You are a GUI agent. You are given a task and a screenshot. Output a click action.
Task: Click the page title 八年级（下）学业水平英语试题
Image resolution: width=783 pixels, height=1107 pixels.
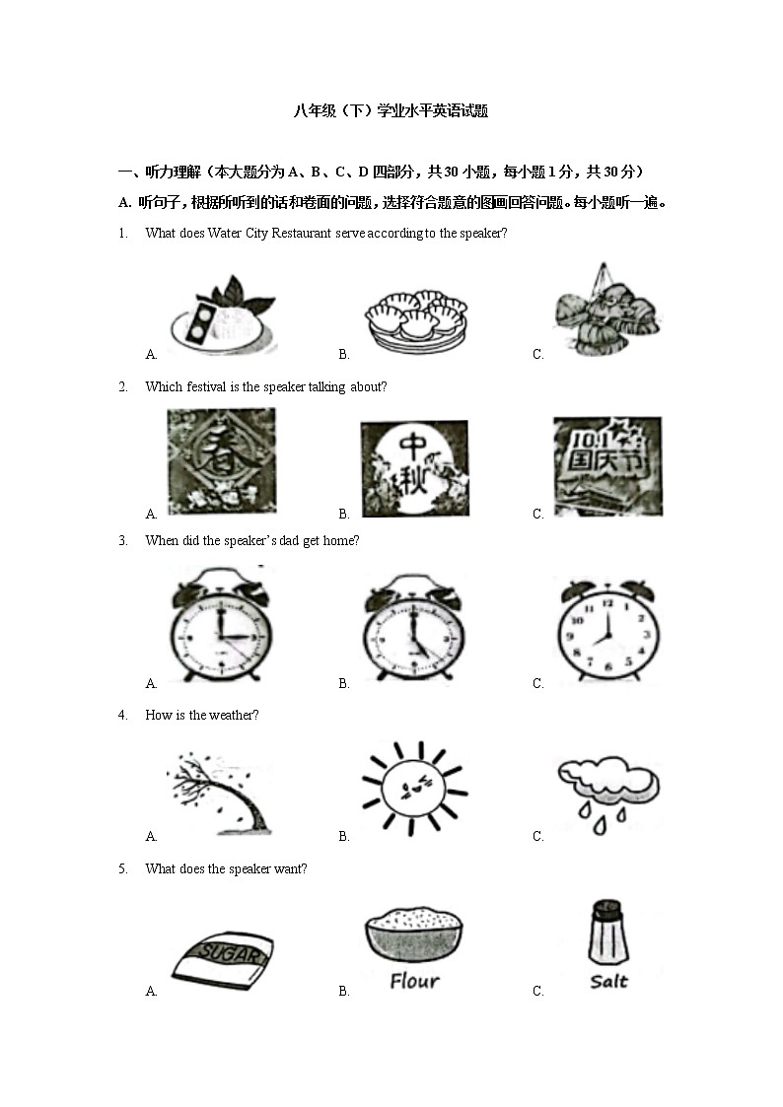(x=391, y=111)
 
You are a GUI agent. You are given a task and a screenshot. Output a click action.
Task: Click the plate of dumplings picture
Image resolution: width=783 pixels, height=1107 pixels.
(x=414, y=317)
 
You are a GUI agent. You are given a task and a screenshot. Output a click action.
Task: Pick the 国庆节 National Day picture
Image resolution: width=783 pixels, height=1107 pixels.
(x=607, y=466)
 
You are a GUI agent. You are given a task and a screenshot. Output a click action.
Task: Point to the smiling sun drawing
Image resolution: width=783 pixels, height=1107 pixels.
(x=413, y=789)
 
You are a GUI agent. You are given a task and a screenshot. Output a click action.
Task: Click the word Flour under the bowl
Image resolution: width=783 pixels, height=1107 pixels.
(x=414, y=981)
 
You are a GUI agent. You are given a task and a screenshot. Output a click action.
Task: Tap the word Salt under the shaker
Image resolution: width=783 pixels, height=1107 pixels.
(x=608, y=981)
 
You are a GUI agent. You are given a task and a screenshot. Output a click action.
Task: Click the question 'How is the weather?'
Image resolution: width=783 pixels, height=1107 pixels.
(x=201, y=715)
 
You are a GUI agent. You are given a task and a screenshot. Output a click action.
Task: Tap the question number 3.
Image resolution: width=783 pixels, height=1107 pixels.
(x=123, y=540)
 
